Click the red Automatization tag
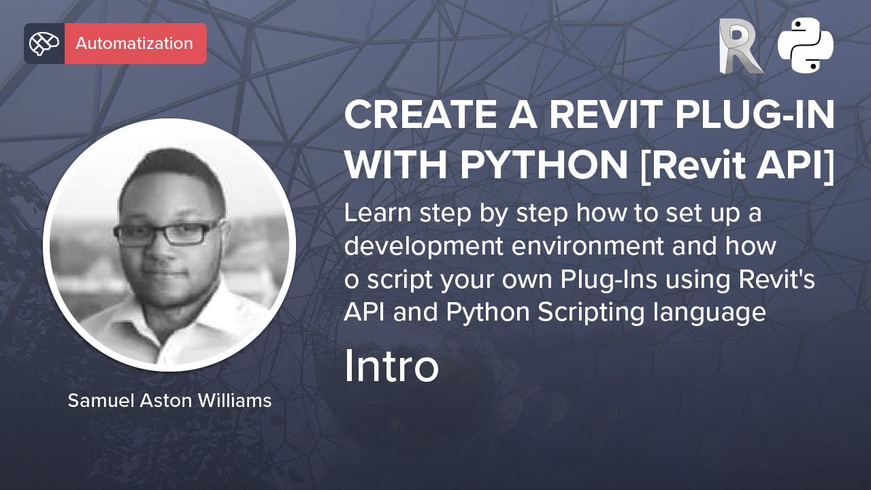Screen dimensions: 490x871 point(135,44)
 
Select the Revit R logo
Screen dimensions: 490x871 point(740,46)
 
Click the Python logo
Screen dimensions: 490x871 point(806,45)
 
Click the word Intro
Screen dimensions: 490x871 point(391,365)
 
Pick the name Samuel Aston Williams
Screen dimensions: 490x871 point(169,401)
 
